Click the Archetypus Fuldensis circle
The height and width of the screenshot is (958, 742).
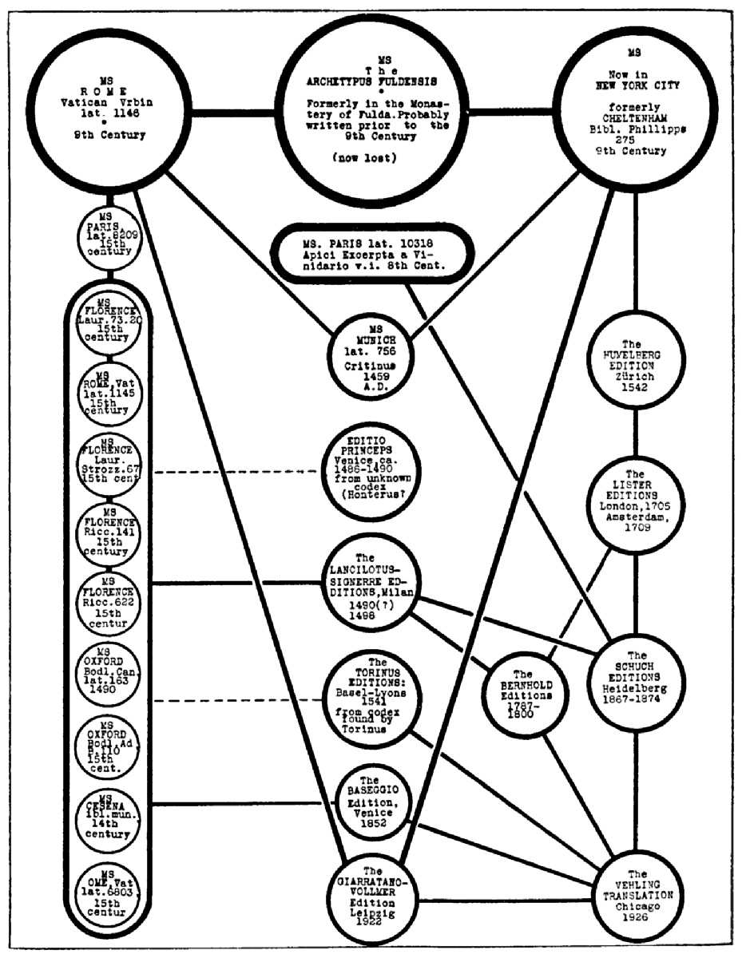point(369,113)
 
